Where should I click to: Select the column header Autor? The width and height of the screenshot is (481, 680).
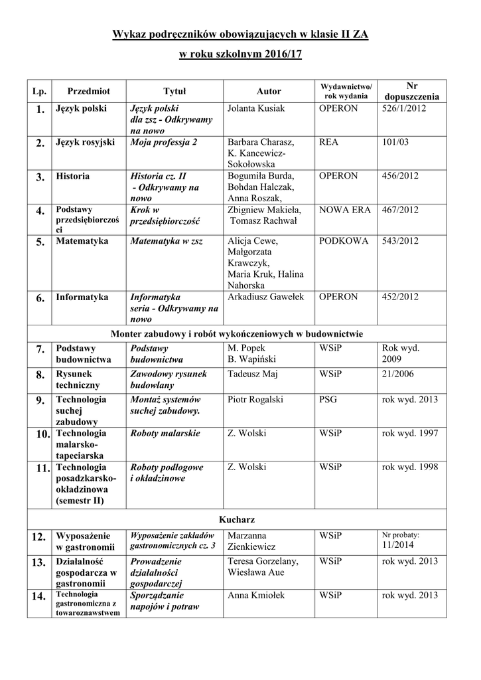pyautogui.click(x=269, y=91)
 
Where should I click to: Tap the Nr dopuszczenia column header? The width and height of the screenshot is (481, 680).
pyautogui.click(x=411, y=91)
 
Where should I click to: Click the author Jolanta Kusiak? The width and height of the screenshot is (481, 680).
pyautogui.click(x=255, y=108)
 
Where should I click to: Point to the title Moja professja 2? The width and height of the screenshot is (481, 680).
pyautogui.click(x=163, y=142)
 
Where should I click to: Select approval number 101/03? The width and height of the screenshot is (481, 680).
pyautogui.click(x=395, y=142)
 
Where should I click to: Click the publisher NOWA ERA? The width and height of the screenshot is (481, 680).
pyautogui.click(x=344, y=210)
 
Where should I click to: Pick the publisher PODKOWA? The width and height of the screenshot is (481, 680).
pyautogui.click(x=343, y=241)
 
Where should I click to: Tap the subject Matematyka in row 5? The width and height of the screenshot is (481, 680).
pyautogui.click(x=82, y=241)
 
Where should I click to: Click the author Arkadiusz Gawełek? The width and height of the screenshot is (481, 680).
pyautogui.click(x=265, y=297)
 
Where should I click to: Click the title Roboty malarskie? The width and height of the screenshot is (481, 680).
pyautogui.click(x=165, y=433)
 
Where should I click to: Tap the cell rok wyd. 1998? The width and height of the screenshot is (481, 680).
pyautogui.click(x=410, y=467)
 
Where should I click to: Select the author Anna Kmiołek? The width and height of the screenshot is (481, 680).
pyautogui.click(x=256, y=595)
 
